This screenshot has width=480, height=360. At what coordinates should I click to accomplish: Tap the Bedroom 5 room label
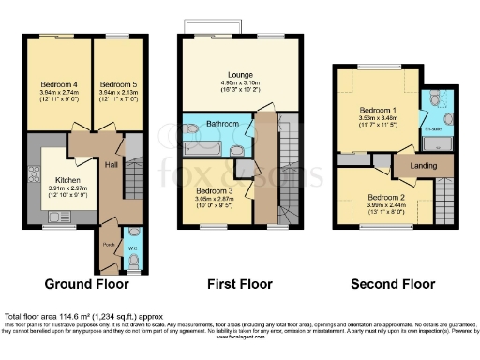[x=119, y=84]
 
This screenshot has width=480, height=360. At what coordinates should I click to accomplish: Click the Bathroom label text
[x=223, y=124]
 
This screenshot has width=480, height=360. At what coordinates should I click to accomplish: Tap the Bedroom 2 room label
[x=386, y=198]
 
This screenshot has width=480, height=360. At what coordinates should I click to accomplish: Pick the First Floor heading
[x=239, y=284]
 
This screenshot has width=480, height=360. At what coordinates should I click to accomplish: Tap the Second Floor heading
[x=393, y=284]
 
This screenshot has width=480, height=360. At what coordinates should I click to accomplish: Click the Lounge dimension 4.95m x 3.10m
[x=240, y=82]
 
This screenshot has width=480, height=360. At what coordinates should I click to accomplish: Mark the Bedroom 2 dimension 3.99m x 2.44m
[x=386, y=206]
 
